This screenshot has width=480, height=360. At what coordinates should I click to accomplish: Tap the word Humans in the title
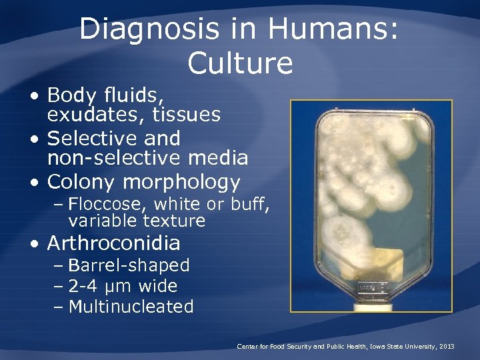click(x=337, y=29)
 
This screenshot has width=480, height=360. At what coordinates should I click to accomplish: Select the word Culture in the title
click(x=240, y=63)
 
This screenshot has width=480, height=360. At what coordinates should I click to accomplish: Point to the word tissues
click(x=186, y=115)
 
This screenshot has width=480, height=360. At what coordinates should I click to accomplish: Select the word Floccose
click(x=101, y=203)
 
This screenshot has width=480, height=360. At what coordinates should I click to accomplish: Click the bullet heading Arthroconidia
click(x=113, y=243)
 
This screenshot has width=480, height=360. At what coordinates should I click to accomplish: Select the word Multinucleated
click(x=131, y=307)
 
